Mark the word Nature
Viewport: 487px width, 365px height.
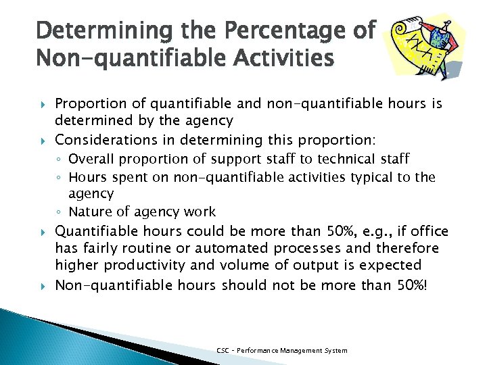pyautogui.click(x=91, y=212)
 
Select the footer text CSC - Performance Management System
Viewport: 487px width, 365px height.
pyautogui.click(x=282, y=351)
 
